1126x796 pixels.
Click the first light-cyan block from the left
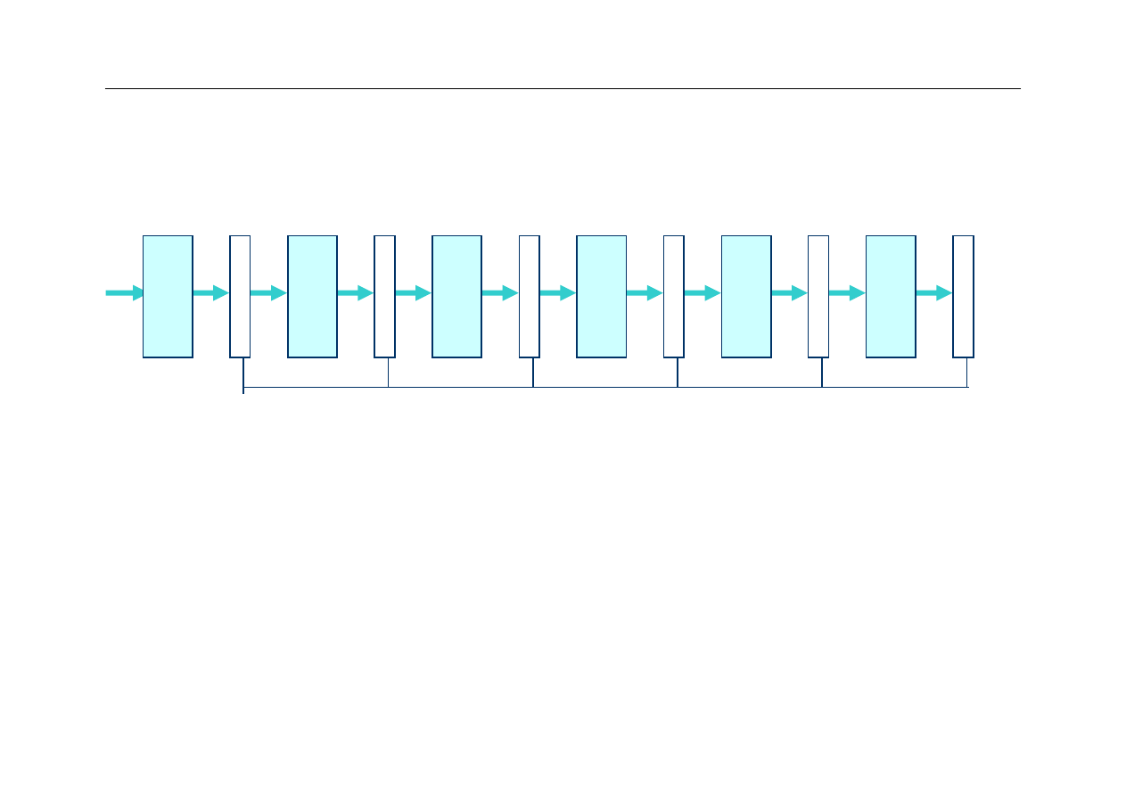[x=168, y=296]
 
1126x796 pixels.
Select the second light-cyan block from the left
[x=312, y=296]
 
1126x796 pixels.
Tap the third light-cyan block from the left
[x=456, y=296]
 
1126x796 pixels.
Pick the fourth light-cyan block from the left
[x=601, y=296]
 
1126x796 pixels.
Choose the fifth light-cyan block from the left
[x=746, y=296]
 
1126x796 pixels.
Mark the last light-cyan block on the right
[x=891, y=296]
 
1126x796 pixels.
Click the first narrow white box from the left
[x=240, y=296]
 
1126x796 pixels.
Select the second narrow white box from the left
[x=384, y=296]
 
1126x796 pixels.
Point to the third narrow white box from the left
[x=530, y=296]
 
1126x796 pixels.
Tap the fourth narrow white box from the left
[x=674, y=296]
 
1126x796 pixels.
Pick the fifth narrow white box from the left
[x=818, y=296]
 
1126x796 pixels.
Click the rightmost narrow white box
[x=963, y=296]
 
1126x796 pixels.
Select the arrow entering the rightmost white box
[x=933, y=292]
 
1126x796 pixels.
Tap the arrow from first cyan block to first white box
[x=210, y=292]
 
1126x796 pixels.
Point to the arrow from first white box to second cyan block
[x=267, y=292]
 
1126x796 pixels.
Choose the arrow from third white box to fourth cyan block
[x=557, y=292]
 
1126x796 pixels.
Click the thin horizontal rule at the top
[x=563, y=88]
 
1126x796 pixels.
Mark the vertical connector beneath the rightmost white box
[x=967, y=373]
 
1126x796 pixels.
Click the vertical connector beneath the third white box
[x=533, y=373]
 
